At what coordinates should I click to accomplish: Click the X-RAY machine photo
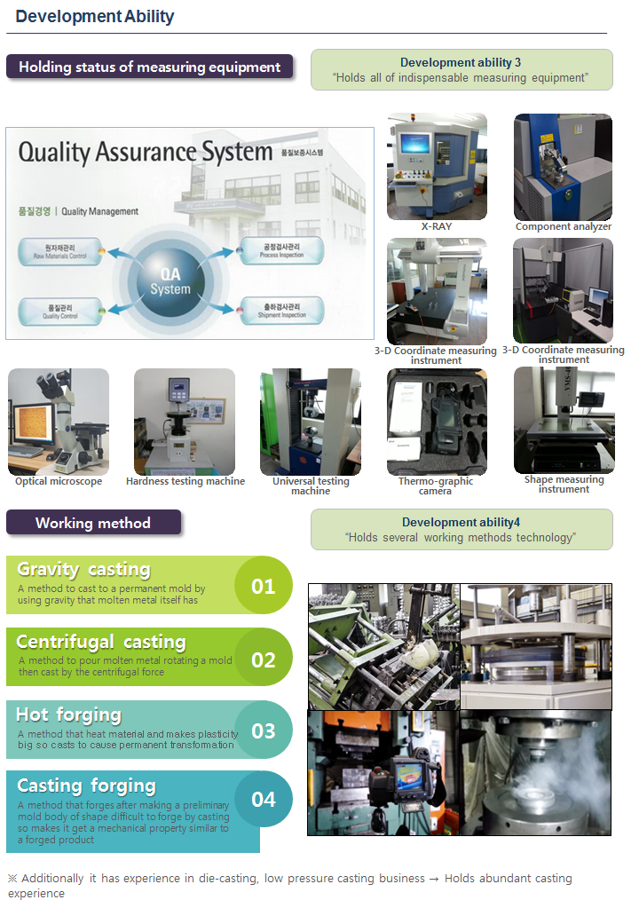tap(437, 166)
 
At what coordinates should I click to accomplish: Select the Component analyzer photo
tap(563, 166)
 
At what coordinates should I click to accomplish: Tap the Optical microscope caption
tap(59, 482)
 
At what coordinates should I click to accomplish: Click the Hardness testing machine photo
tap(185, 422)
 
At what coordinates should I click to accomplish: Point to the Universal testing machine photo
tap(311, 422)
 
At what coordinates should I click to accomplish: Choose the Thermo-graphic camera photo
tap(437, 422)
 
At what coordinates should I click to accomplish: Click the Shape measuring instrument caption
tap(564, 485)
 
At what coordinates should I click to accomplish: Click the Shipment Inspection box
tap(281, 311)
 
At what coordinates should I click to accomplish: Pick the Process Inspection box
tap(281, 251)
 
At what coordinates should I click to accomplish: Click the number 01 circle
tap(264, 586)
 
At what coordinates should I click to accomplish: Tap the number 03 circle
tap(264, 731)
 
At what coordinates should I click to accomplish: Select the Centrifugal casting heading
tap(101, 642)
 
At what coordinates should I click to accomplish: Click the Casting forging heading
tap(86, 786)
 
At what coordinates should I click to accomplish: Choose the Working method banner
tap(93, 523)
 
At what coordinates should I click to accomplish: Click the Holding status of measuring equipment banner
tap(149, 67)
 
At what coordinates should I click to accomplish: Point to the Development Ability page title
tap(95, 17)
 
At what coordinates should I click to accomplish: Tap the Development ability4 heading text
tap(461, 523)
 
